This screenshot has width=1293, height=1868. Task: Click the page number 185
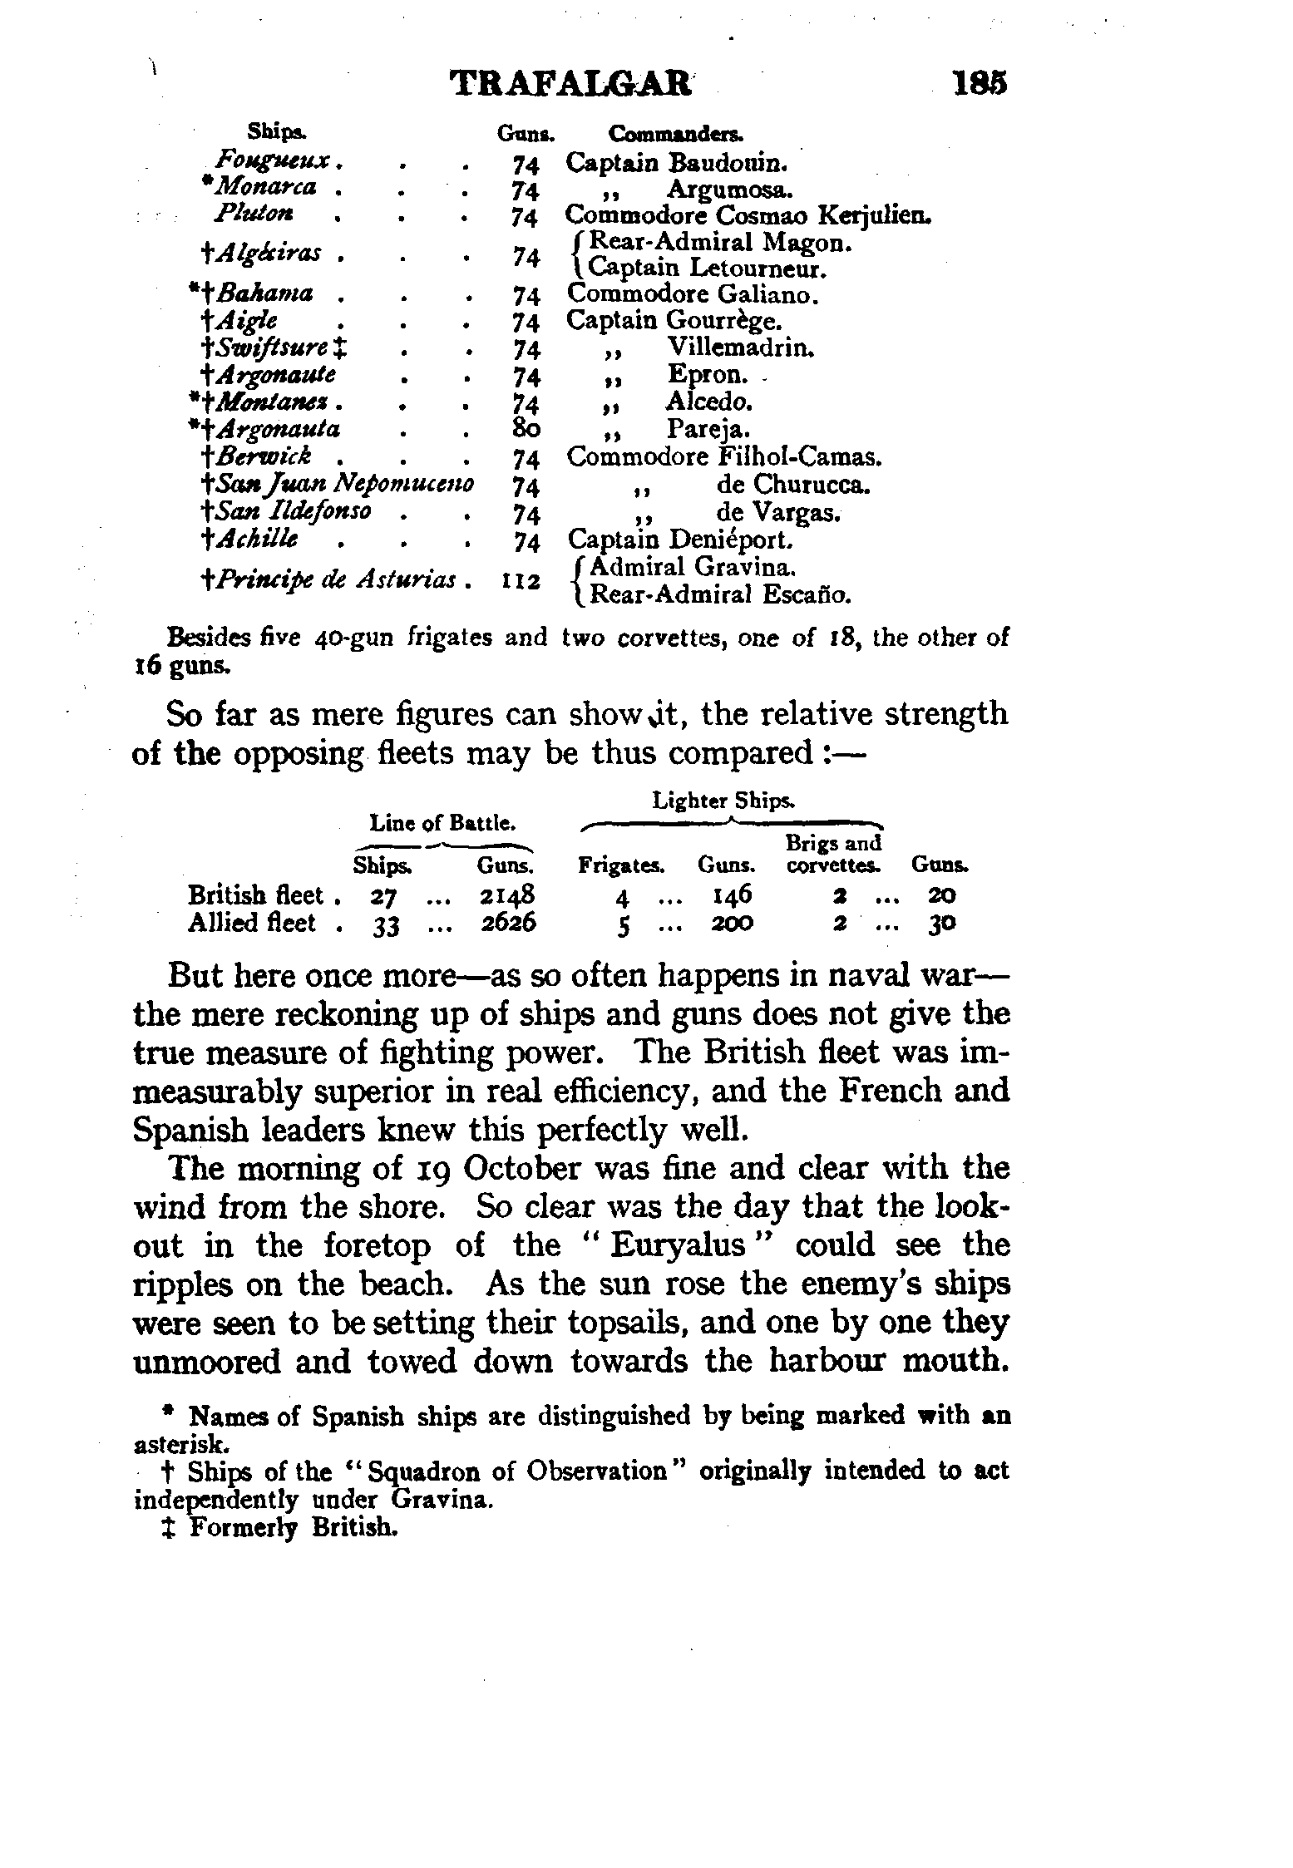[981, 84]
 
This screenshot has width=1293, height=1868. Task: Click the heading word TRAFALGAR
[570, 84]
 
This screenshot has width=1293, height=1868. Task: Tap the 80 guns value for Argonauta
[527, 430]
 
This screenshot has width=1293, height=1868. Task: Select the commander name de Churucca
[793, 484]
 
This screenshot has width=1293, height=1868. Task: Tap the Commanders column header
[676, 134]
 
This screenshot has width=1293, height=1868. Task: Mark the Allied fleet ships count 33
[383, 924]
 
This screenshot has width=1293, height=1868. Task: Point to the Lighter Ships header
[723, 801]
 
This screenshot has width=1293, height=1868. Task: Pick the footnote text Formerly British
[290, 1528]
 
